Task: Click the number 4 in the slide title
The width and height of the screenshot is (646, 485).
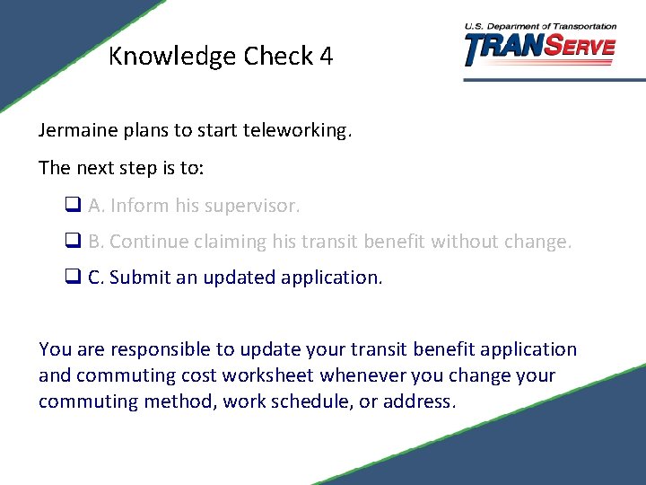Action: pos(326,57)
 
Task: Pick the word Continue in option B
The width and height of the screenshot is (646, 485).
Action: pos(144,242)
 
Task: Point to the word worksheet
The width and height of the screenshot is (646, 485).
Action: pos(266,375)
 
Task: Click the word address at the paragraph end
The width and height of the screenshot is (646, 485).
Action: pos(419,401)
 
